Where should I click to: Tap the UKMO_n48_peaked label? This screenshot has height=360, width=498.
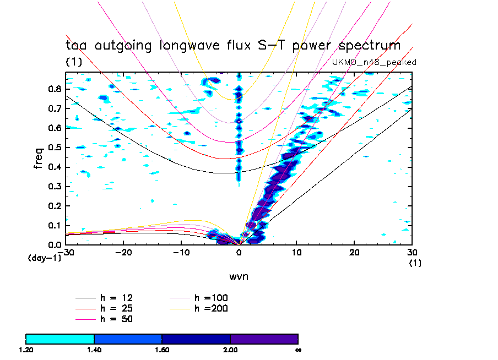[374, 62]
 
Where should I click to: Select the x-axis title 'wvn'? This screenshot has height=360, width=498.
[239, 276]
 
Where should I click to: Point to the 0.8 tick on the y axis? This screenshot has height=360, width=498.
[55, 89]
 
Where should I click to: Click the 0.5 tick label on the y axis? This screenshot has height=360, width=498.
[55, 148]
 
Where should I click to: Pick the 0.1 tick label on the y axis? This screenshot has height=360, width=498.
[55, 225]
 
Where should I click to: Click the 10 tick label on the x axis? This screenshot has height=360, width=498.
[296, 252]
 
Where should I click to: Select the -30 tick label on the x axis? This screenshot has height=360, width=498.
[67, 252]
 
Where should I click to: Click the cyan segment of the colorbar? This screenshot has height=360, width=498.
[60, 338]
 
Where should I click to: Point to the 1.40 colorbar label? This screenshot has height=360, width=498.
[94, 349]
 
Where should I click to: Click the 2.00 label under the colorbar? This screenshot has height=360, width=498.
[230, 349]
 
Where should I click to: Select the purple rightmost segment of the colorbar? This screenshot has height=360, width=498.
[264, 338]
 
